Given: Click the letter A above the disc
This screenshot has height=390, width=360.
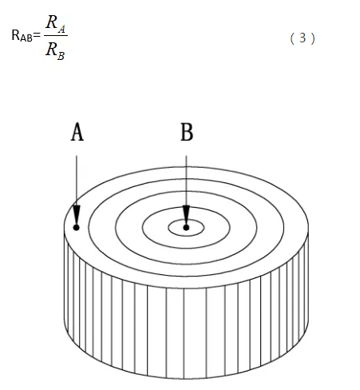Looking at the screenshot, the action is [77, 132].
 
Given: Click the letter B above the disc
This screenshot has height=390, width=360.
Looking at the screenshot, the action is [187, 132].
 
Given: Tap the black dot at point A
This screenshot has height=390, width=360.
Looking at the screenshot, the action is [77, 228].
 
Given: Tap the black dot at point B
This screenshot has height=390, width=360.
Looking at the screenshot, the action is [186, 228].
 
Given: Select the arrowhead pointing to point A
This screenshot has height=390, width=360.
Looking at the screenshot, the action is [77, 215].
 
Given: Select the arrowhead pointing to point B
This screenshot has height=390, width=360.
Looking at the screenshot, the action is [186, 215].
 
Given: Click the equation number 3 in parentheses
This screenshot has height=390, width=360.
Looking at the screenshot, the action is [303, 38].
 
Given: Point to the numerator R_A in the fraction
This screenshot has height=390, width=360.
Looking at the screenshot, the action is [55, 24].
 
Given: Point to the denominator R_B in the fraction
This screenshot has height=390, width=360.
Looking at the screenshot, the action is [55, 51].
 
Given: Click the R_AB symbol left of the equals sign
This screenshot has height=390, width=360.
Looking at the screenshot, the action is [22, 36].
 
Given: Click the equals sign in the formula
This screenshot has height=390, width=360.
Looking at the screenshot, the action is [37, 35].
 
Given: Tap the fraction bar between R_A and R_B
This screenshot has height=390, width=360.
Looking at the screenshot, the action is [56, 35].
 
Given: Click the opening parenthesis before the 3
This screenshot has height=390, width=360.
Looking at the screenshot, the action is [292, 38].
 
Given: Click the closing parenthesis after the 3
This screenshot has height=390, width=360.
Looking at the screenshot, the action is [313, 38].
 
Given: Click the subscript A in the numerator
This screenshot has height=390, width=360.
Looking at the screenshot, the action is [61, 30].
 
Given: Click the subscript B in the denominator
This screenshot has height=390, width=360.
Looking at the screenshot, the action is [61, 56].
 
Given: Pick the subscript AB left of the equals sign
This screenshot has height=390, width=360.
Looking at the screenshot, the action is [26, 38].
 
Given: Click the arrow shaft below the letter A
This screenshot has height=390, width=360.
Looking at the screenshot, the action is [77, 181].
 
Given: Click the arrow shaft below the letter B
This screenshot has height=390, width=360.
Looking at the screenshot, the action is [186, 181].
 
